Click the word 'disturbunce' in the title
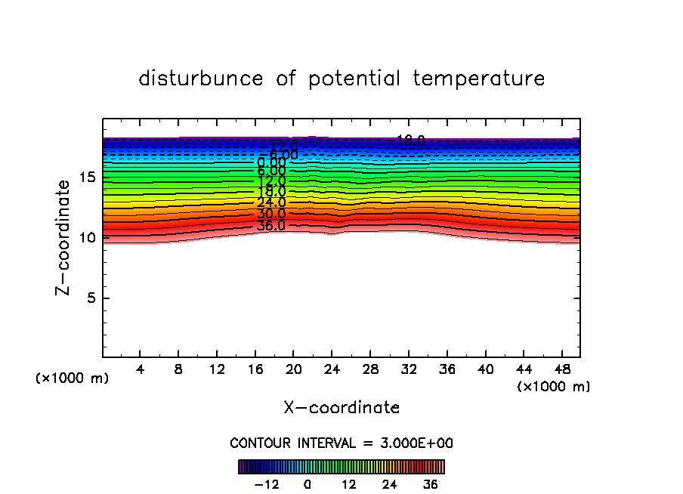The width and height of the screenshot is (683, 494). point(201,79)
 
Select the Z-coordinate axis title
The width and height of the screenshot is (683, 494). point(66,237)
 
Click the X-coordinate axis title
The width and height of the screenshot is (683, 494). point(341,408)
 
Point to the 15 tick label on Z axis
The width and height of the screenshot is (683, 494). point(86,178)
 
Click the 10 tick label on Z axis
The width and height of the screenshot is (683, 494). point(86,237)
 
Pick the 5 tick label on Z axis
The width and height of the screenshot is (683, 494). point(90,298)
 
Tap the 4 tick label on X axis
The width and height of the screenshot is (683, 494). point(141,369)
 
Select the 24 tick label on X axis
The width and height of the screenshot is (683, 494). point(332,369)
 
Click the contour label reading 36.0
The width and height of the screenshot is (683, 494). point(271,226)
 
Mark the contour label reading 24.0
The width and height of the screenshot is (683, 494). point(271,202)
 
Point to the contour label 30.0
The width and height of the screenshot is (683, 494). point(271,215)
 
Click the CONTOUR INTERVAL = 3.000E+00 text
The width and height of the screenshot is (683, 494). point(341,443)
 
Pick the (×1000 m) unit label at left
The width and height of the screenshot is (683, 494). point(73,378)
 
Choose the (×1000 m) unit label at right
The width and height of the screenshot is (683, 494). point(554,387)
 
